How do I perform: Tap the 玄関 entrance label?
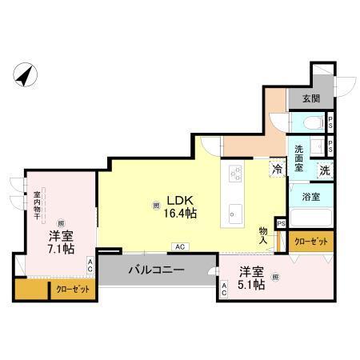click(x=310, y=99)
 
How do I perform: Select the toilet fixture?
click(x=314, y=124)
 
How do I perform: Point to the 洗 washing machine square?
click(x=326, y=170)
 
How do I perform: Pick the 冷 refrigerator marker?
click(x=277, y=170)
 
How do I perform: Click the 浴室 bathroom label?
click(x=312, y=195)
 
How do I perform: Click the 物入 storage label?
click(x=263, y=234)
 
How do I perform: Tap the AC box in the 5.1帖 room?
click(x=225, y=290)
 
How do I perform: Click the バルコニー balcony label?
click(x=157, y=270)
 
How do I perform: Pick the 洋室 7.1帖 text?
click(x=61, y=242)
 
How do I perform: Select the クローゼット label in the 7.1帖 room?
click(x=73, y=289)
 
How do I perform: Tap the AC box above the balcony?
click(x=180, y=246)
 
